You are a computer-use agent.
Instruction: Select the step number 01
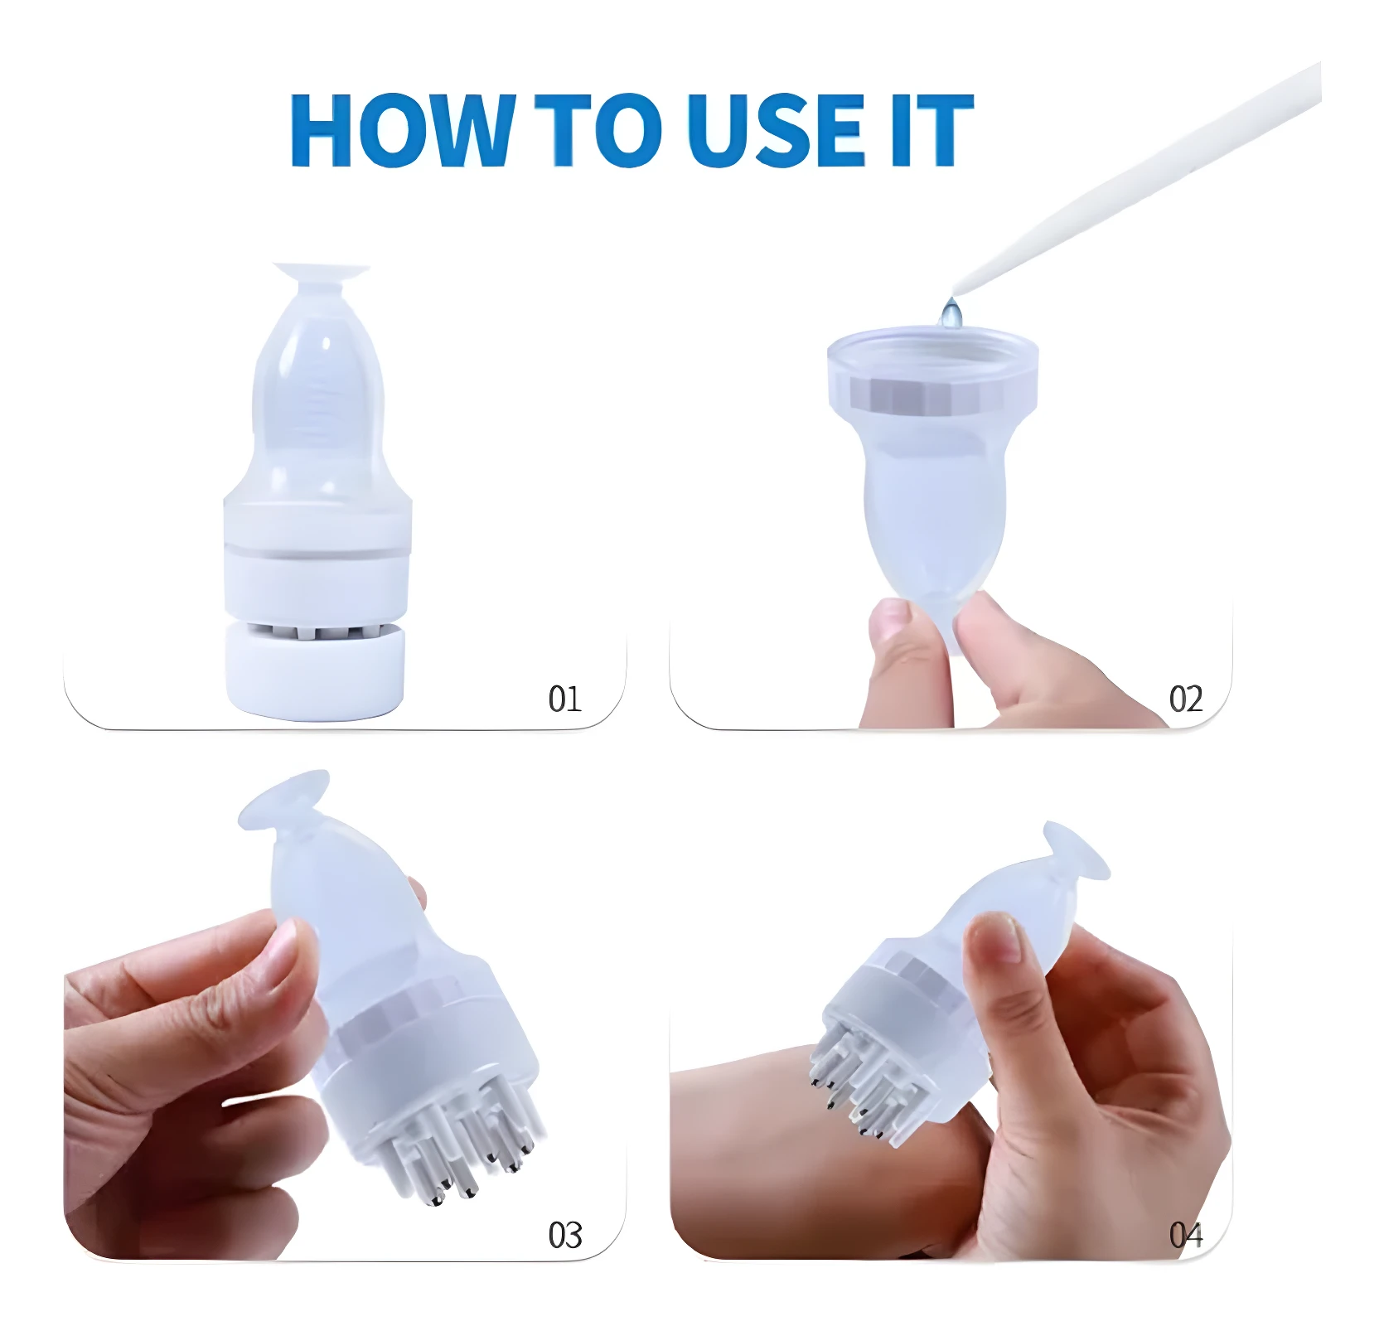(564, 699)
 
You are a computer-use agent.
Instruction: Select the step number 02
(1186, 699)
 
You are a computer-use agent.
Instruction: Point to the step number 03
(565, 1236)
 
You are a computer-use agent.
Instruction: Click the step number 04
(1186, 1236)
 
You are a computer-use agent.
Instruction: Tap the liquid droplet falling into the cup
(951, 313)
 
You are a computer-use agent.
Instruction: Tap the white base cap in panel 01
(315, 670)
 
